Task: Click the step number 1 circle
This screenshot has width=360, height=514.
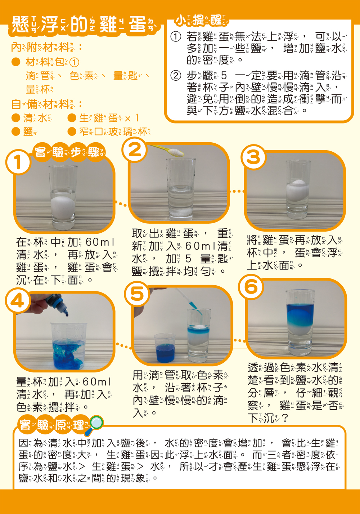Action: (18, 162)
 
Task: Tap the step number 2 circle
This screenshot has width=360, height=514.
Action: (135, 149)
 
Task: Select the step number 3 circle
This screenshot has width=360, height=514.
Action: (253, 157)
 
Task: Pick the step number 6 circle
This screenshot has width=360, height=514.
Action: (251, 287)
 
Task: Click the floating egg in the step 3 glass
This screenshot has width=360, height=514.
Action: (297, 190)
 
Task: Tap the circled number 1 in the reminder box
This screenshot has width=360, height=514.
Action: (175, 37)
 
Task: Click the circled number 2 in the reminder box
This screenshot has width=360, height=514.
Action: (175, 75)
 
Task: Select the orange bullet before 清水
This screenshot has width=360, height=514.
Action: (16, 118)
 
